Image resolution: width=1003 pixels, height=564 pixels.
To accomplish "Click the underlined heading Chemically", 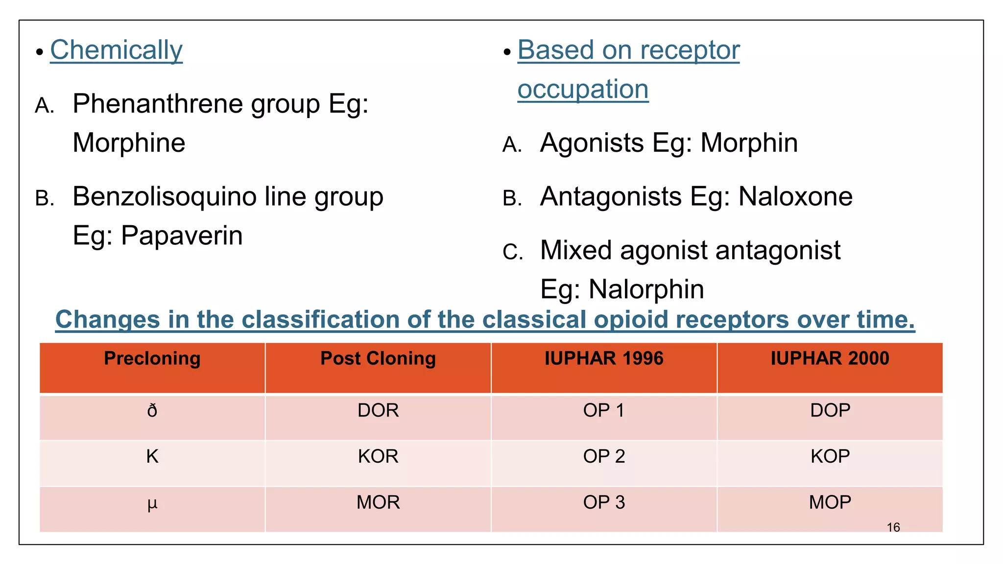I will [116, 50].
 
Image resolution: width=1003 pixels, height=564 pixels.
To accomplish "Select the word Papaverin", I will [182, 235].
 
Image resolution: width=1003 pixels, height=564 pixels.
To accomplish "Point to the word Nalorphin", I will [646, 289].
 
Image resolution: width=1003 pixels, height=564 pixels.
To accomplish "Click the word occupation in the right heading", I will [583, 89].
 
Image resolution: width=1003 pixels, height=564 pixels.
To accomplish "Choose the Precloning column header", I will [152, 358].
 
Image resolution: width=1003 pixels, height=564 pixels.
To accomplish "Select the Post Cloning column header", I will [378, 358].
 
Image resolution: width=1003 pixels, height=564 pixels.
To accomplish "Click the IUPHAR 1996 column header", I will [604, 358].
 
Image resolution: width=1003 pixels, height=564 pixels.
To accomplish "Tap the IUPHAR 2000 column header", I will [830, 358].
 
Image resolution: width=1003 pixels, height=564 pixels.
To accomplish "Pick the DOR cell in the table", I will [378, 410].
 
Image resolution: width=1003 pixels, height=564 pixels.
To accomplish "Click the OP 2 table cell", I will [604, 456].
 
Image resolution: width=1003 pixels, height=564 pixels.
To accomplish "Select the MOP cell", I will [830, 502].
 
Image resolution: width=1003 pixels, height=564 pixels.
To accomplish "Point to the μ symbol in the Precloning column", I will [152, 503].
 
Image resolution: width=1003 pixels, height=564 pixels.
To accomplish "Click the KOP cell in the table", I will [830, 456].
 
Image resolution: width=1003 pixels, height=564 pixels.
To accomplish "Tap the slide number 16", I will [893, 527].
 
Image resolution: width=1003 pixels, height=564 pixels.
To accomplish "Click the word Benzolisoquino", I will [164, 197].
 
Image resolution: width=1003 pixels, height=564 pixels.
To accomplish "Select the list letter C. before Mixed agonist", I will [512, 252].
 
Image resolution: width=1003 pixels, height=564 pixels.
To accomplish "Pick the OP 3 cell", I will [604, 502].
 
